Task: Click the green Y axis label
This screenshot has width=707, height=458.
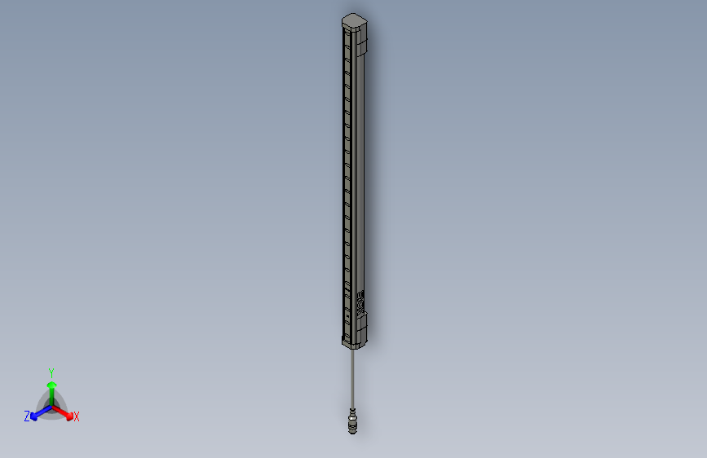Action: pyautogui.click(x=51, y=372)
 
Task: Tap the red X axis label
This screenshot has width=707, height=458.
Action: pyautogui.click(x=77, y=417)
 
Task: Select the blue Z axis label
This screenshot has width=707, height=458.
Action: pyautogui.click(x=27, y=416)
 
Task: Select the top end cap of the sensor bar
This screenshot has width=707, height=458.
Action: pyautogui.click(x=355, y=20)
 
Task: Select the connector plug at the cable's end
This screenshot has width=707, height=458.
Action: pyautogui.click(x=352, y=421)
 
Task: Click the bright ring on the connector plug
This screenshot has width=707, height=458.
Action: pyautogui.click(x=352, y=416)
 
